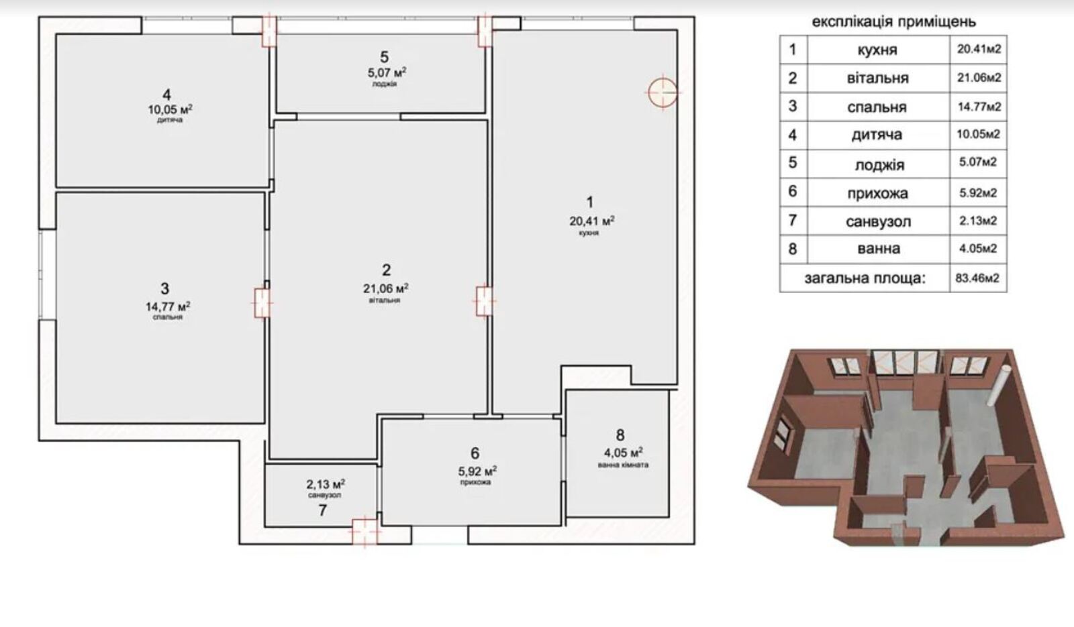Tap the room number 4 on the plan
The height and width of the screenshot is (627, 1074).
click(167, 95)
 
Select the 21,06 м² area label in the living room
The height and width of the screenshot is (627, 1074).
click(386, 288)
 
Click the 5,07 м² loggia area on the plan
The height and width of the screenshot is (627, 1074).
click(387, 73)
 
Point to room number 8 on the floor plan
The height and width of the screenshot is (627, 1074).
click(620, 435)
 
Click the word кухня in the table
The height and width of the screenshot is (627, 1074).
click(877, 50)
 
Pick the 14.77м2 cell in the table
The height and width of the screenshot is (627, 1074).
click(979, 107)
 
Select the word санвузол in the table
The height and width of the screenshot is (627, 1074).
click(879, 222)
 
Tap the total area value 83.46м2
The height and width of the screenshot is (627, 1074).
click(977, 278)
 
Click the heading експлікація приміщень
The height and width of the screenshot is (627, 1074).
click(893, 22)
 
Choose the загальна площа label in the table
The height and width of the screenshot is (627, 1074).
click(865, 278)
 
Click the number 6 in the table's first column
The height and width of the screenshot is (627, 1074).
click(793, 191)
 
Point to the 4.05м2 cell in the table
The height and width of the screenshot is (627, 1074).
click(978, 249)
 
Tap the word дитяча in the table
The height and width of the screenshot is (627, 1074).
click(877, 135)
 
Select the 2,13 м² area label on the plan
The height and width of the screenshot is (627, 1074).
click(326, 485)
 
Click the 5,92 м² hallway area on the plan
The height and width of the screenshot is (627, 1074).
click(477, 471)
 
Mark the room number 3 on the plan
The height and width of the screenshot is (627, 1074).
click(165, 288)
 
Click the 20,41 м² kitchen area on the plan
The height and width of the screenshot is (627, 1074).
click(592, 221)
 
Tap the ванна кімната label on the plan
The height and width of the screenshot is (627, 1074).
click(624, 465)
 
